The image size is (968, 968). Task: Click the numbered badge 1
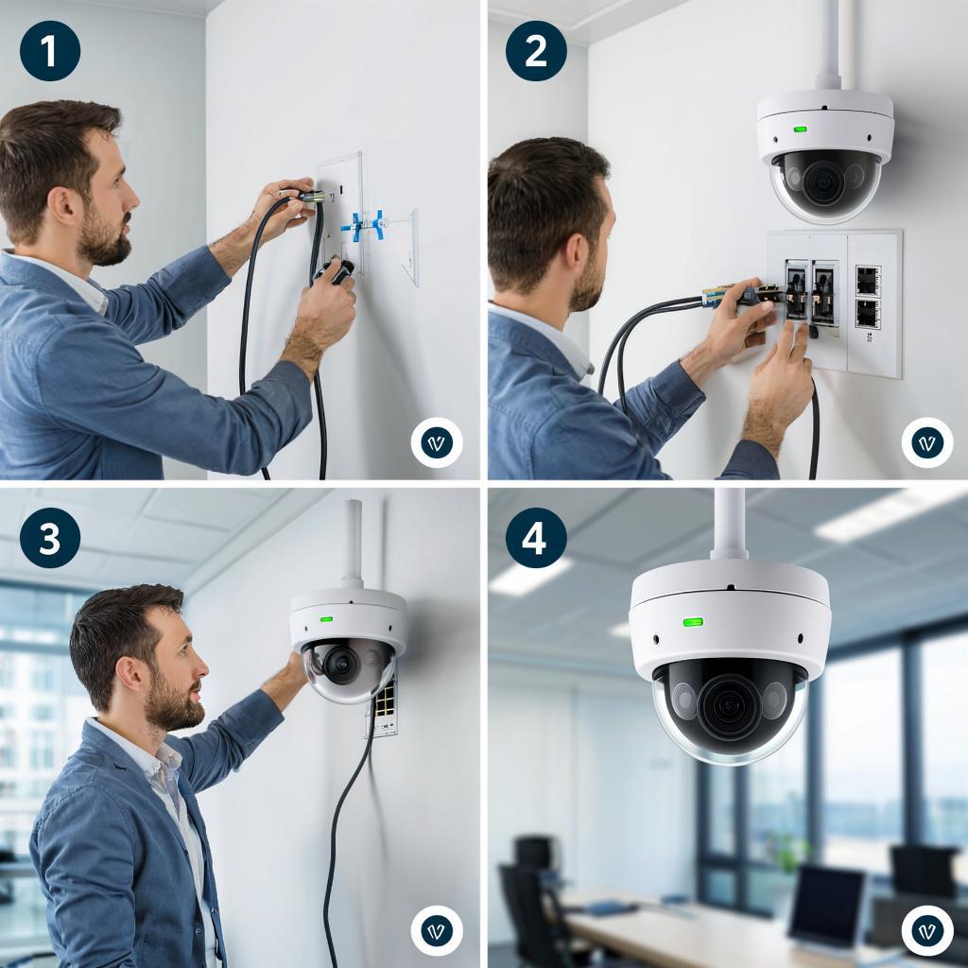point(50,51)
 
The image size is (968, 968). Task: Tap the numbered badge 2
point(536,51)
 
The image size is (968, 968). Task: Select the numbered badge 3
point(50,538)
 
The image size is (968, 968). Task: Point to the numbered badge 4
point(536,538)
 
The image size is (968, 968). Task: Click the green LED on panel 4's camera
point(693,622)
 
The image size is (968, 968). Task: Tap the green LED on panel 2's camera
point(800,130)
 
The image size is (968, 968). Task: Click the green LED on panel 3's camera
point(325,618)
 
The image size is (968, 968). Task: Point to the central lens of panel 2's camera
point(823,182)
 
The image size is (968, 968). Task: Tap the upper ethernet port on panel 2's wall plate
point(868,282)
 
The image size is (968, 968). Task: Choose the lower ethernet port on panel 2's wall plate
point(868,314)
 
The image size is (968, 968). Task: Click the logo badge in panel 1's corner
point(437,442)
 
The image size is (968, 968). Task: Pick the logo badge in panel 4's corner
point(926,930)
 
